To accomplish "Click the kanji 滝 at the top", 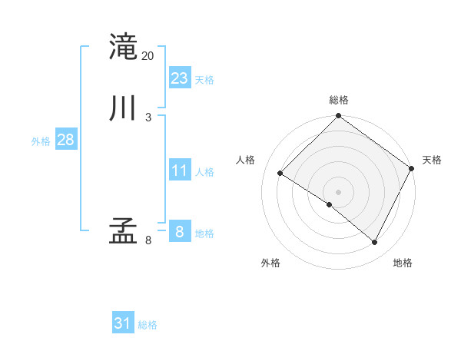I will (123, 46).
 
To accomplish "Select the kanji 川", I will (123, 108).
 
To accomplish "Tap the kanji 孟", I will (123, 230).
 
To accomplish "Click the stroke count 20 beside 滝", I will (148, 55).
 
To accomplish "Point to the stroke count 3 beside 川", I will (148, 117).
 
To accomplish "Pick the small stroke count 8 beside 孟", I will (148, 240).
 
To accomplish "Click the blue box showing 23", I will (180, 78).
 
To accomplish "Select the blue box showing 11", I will (180, 171).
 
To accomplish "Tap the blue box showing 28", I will (65, 140).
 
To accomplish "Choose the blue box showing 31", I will (123, 323).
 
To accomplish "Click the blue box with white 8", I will (179, 231).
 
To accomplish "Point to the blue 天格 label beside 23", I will (204, 80).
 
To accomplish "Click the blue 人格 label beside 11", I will (204, 172).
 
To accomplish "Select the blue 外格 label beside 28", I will (41, 141).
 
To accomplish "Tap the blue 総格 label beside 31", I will (148, 325).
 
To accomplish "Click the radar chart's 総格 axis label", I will (339, 100).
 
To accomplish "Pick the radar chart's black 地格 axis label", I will (403, 263).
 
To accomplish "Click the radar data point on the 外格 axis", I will (330, 204).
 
